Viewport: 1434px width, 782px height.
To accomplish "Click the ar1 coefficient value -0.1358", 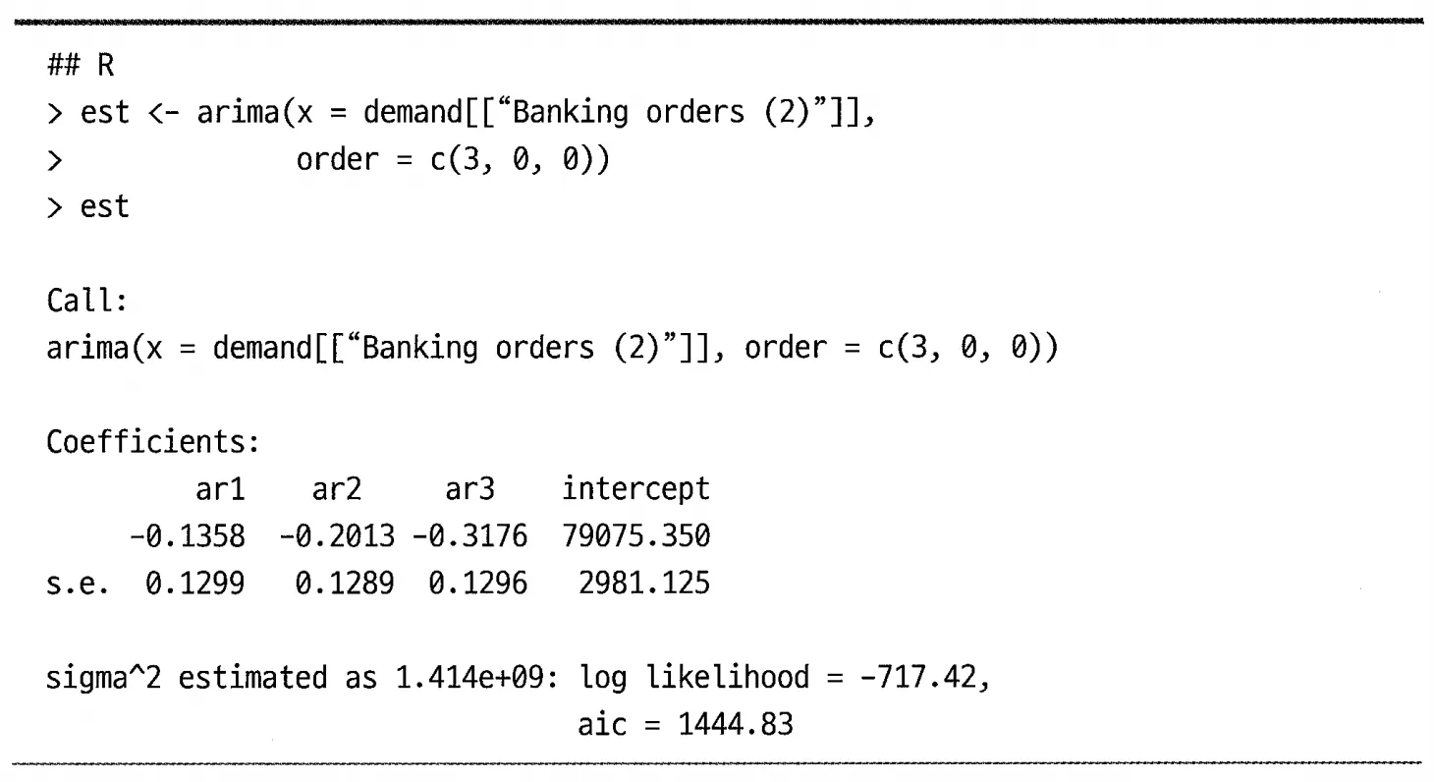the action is coord(187,537).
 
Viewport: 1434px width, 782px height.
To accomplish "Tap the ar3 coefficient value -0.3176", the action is coord(469,537).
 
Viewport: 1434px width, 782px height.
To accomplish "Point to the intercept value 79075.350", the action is coord(635,537).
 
